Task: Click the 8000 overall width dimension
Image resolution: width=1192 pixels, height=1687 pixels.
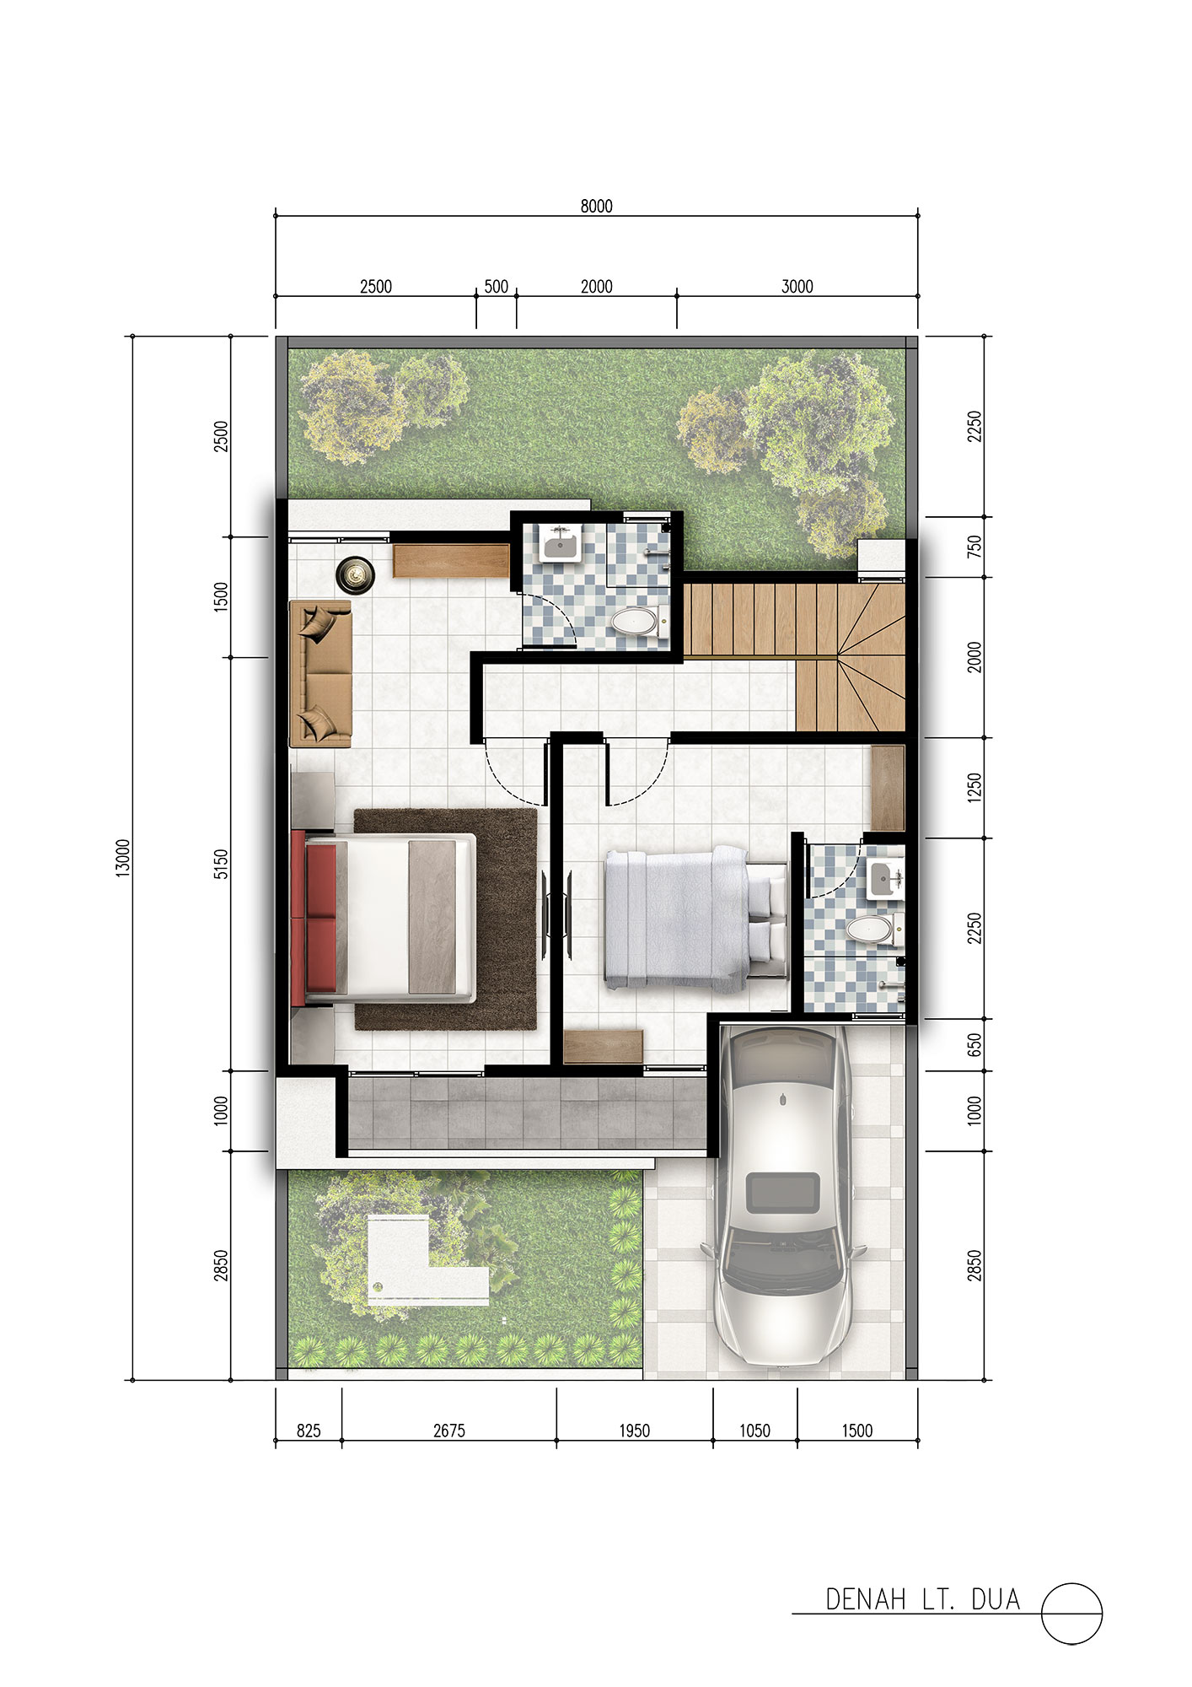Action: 596,206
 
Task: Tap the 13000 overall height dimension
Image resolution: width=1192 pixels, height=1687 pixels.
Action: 123,858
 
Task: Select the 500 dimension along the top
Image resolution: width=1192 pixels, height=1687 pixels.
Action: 497,287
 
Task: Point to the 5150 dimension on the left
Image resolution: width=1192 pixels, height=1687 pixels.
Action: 221,864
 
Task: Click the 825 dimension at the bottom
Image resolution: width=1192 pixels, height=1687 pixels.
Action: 309,1431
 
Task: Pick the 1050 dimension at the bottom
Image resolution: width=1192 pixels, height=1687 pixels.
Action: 754,1431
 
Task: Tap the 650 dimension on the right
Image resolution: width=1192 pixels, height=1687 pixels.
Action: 975,1046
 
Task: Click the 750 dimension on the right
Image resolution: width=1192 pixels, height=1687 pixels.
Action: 975,547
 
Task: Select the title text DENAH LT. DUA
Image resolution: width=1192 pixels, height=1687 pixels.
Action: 922,1599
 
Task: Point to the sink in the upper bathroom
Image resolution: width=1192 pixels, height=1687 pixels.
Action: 560,544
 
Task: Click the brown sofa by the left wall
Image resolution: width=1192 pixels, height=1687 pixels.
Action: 320,673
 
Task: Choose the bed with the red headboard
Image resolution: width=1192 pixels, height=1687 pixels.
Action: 384,918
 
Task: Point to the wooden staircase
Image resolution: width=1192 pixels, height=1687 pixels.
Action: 794,655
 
